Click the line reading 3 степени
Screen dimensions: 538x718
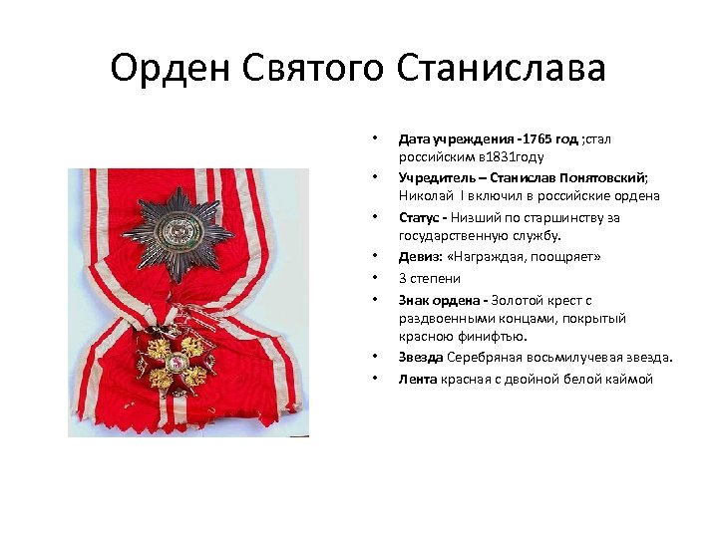point(430,279)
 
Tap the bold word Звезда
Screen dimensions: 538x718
point(421,358)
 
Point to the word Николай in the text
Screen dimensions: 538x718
point(423,197)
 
